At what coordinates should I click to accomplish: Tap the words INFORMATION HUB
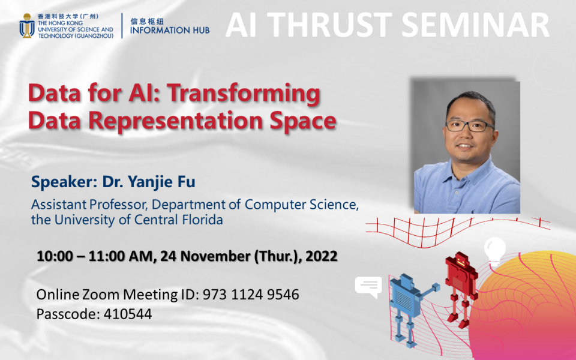point(170,30)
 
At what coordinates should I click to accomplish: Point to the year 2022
point(321,256)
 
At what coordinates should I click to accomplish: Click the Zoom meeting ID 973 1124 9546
point(251,295)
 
